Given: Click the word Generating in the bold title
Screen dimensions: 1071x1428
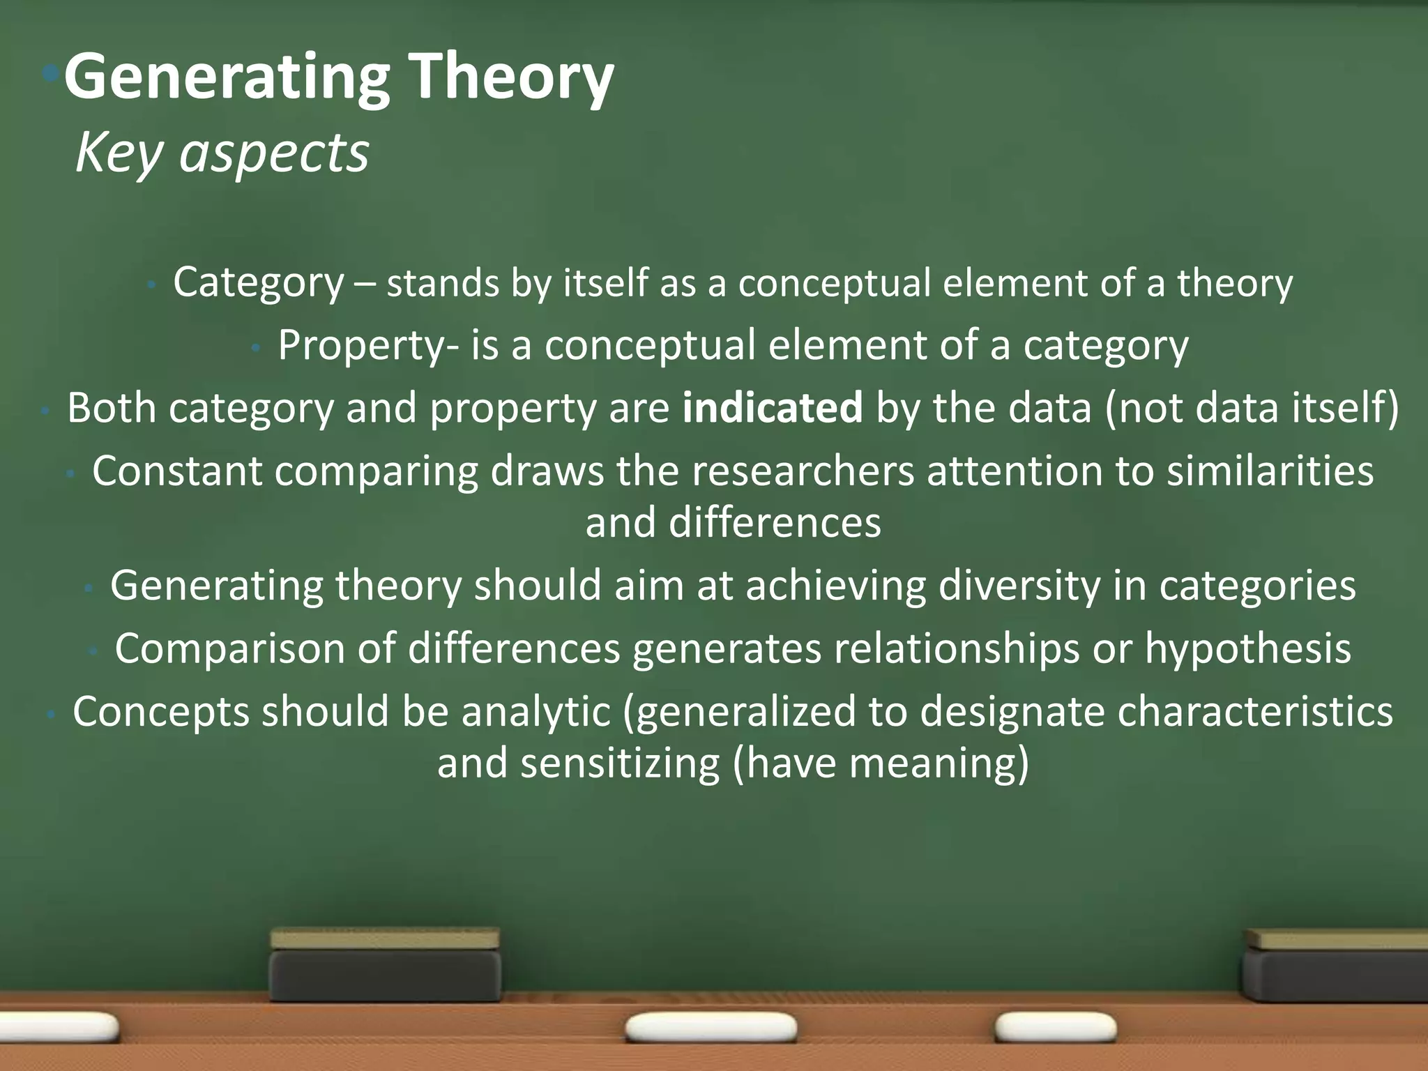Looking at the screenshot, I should (227, 78).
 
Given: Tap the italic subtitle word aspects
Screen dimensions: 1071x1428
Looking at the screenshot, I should (273, 153).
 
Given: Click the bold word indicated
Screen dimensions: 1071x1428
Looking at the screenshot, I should (773, 408).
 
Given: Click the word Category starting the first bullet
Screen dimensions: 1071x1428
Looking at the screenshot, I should (259, 283).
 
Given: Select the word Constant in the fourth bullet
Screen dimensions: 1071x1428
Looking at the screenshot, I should (176, 471).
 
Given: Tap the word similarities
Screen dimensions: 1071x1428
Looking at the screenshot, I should (1270, 471).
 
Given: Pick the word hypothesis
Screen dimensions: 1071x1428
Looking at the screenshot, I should (1248, 649).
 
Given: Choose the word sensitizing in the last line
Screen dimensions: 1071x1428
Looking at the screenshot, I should (620, 764).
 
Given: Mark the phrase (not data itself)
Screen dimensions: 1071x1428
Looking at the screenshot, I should (1252, 409).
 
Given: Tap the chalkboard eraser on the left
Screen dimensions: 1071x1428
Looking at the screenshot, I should (385, 965).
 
